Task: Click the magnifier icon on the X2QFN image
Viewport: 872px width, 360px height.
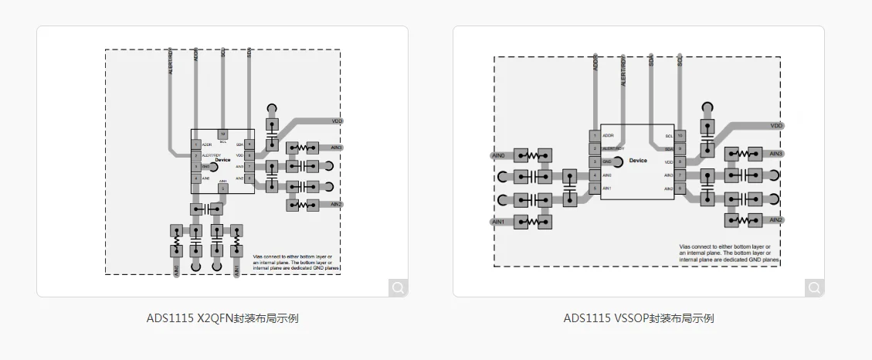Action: click(x=398, y=287)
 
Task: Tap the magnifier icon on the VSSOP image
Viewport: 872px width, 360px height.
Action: click(x=814, y=287)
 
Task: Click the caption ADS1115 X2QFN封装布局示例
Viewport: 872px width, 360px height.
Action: click(x=222, y=318)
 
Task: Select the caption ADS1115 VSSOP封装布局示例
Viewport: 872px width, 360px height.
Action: click(x=639, y=318)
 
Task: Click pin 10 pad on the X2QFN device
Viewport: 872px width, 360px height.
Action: click(x=222, y=134)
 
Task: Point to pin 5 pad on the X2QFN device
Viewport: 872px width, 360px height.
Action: click(x=222, y=188)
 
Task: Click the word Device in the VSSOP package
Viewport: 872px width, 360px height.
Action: click(x=638, y=161)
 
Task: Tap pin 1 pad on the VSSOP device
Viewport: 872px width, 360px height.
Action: click(x=595, y=135)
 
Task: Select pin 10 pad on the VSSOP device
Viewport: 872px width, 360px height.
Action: click(x=680, y=135)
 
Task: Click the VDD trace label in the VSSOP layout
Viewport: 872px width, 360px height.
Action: click(x=777, y=125)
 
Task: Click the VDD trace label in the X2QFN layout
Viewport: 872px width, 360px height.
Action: click(x=337, y=121)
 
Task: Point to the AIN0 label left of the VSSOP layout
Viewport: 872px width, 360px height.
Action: click(x=498, y=155)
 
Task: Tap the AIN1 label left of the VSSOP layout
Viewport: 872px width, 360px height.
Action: click(x=498, y=222)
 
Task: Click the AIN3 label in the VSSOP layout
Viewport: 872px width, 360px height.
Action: click(x=776, y=154)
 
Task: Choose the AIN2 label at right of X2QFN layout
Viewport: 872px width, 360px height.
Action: click(x=336, y=205)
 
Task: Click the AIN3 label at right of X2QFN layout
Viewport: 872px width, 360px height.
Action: click(x=336, y=147)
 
